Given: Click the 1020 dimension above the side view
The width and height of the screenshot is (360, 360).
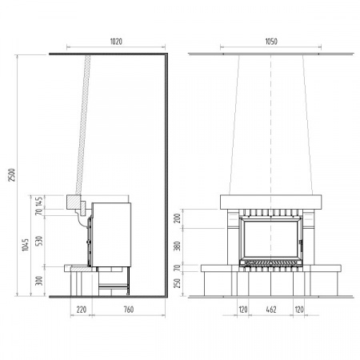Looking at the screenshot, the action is click(x=116, y=42).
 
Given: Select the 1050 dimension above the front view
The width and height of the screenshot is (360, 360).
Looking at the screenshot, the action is click(x=271, y=42).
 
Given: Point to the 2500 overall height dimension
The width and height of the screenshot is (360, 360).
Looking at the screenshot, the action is click(x=12, y=175).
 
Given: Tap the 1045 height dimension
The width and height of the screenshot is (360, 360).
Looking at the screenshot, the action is click(x=25, y=245).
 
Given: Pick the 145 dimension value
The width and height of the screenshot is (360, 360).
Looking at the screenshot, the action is click(x=39, y=202).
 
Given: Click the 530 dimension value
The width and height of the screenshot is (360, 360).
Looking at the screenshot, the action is click(x=39, y=241).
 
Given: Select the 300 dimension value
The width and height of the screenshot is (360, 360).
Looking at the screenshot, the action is click(x=39, y=281).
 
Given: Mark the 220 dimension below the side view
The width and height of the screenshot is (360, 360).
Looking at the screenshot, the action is click(x=82, y=310).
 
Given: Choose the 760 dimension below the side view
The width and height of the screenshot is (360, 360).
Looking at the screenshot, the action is click(x=129, y=310).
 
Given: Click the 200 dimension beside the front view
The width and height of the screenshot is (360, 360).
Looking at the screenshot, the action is click(x=177, y=218).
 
